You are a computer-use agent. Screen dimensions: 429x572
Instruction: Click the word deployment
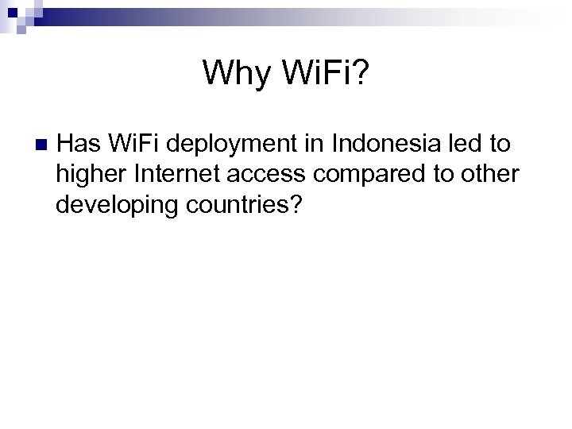click(x=236, y=145)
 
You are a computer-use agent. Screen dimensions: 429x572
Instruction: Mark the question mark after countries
click(x=296, y=207)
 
